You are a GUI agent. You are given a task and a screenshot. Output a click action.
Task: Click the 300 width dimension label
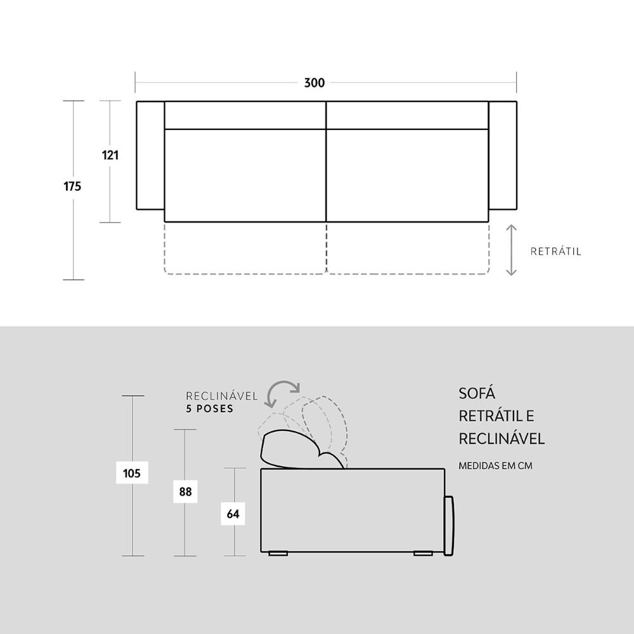[x=314, y=83]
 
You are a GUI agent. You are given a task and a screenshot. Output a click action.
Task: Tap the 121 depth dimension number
[x=110, y=155]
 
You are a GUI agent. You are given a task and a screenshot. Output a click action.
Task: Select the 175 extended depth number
[x=72, y=186]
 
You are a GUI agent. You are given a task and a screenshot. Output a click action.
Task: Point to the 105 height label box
[x=132, y=473]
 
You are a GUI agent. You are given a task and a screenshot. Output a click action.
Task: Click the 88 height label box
[x=185, y=491]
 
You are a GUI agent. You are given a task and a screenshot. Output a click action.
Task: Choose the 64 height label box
[x=233, y=514]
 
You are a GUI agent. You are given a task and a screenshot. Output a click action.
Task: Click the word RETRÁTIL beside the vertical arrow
[x=555, y=252]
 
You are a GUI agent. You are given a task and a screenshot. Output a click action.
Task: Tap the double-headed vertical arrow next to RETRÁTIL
[x=512, y=250]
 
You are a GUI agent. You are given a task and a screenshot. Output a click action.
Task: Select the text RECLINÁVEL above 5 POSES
[x=221, y=396]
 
